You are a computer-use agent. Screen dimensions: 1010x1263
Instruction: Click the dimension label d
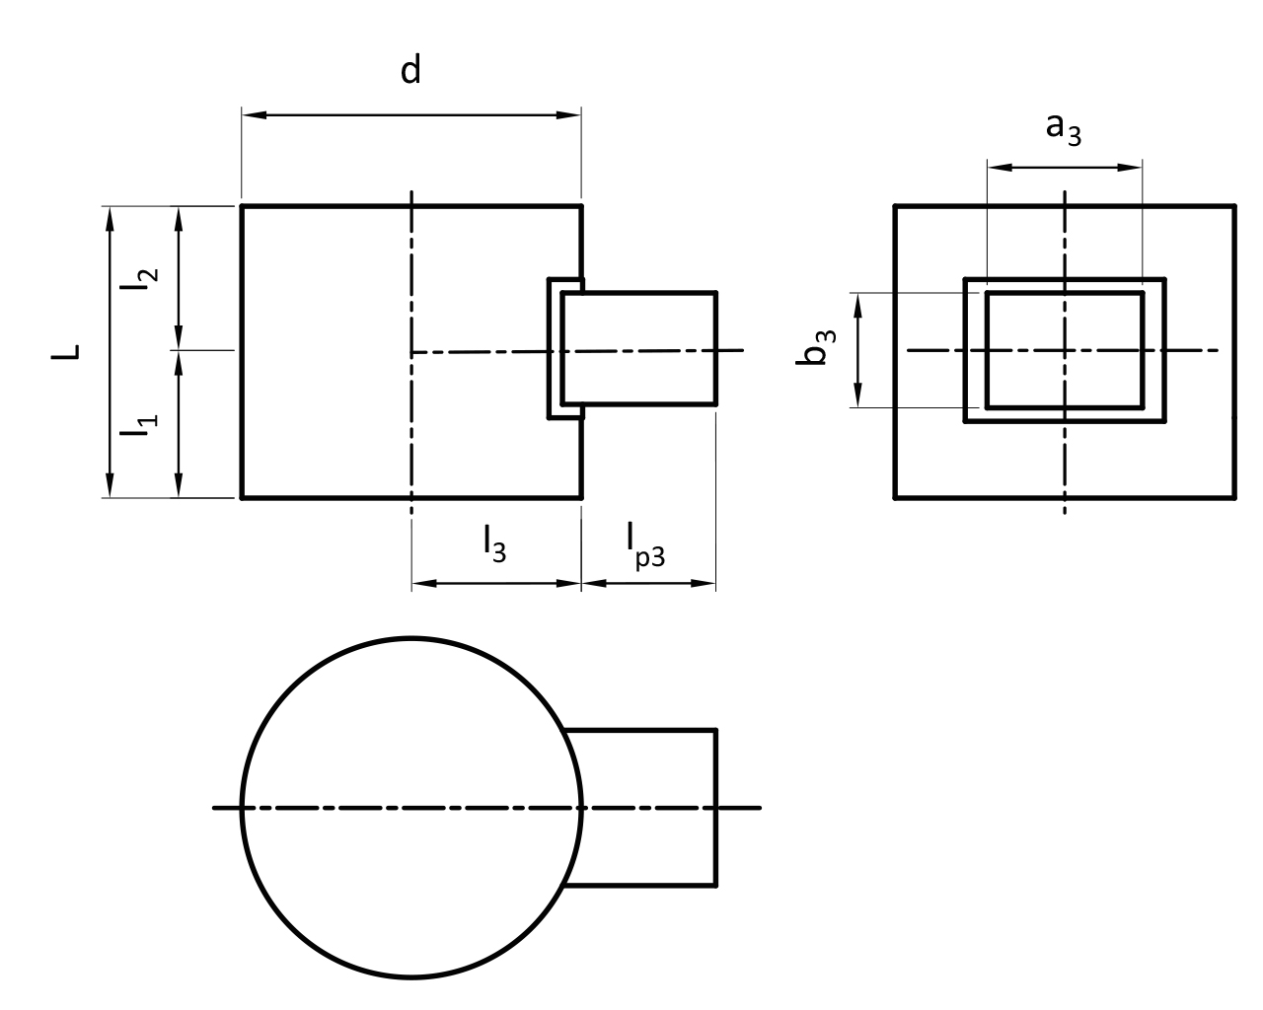410,71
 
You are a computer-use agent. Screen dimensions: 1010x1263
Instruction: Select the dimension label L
66,352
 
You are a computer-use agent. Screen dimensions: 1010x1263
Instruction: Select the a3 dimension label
1063,128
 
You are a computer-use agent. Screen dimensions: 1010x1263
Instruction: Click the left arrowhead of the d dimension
253,114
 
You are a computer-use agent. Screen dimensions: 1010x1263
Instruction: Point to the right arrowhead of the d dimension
570,114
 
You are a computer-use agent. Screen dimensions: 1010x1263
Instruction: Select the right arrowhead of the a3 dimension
1132,167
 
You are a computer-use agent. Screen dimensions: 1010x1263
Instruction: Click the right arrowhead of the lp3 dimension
706,584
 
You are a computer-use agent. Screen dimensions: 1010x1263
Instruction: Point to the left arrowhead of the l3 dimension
421,584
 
